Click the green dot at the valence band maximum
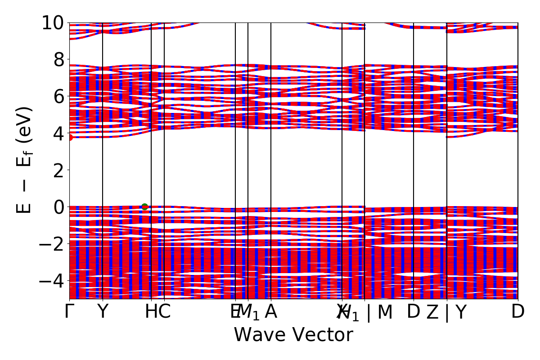(144, 207)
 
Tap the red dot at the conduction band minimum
(70, 137)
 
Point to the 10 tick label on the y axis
(53, 22)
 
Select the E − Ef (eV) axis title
(25, 160)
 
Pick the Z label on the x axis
(432, 312)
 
